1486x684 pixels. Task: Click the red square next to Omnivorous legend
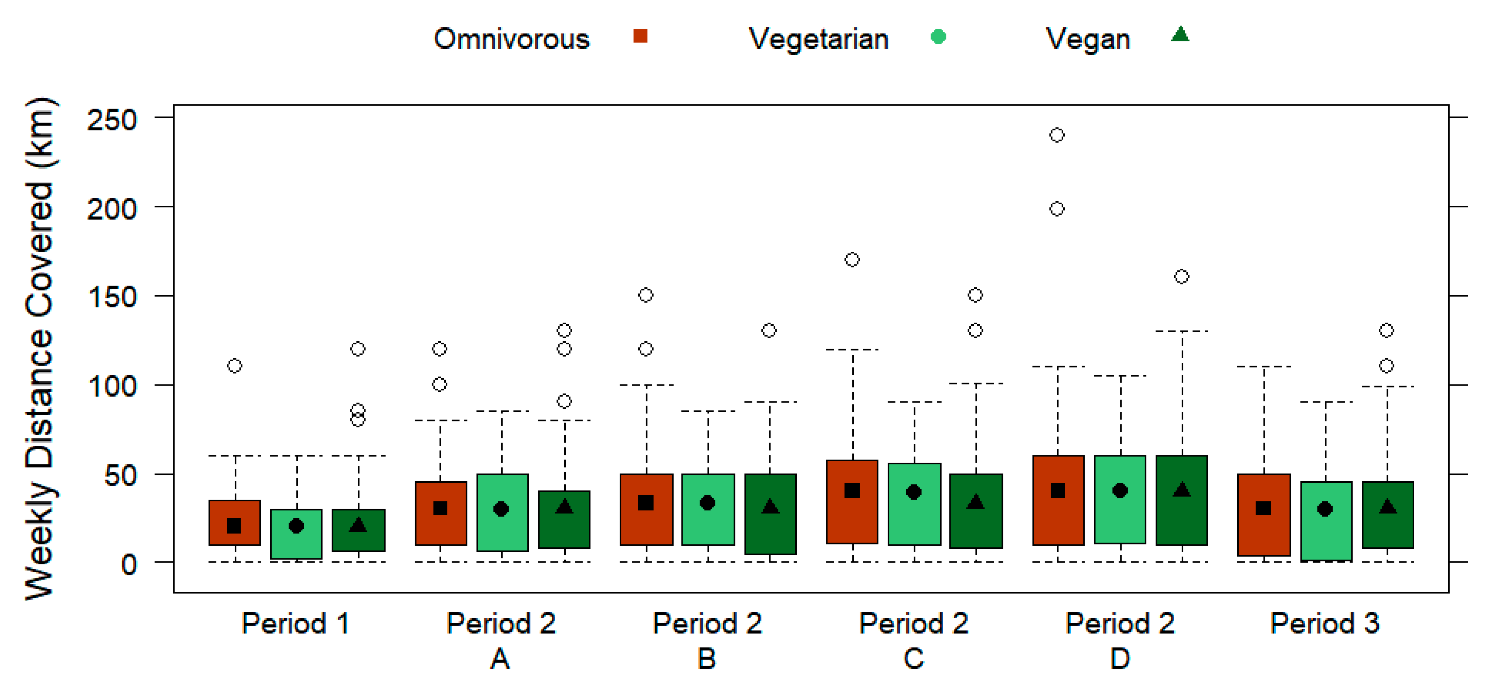click(640, 36)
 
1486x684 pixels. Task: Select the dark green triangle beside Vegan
click(1180, 35)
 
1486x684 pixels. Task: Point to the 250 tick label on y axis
click(112, 120)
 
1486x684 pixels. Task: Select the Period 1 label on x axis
click(295, 623)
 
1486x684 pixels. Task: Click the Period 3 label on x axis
click(1325, 623)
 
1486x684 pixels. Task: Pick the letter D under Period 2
click(1120, 658)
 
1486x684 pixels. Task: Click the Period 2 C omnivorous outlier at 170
click(852, 260)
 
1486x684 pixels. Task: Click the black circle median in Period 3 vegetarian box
click(1325, 509)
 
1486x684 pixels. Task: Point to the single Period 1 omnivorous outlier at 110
click(234, 366)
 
